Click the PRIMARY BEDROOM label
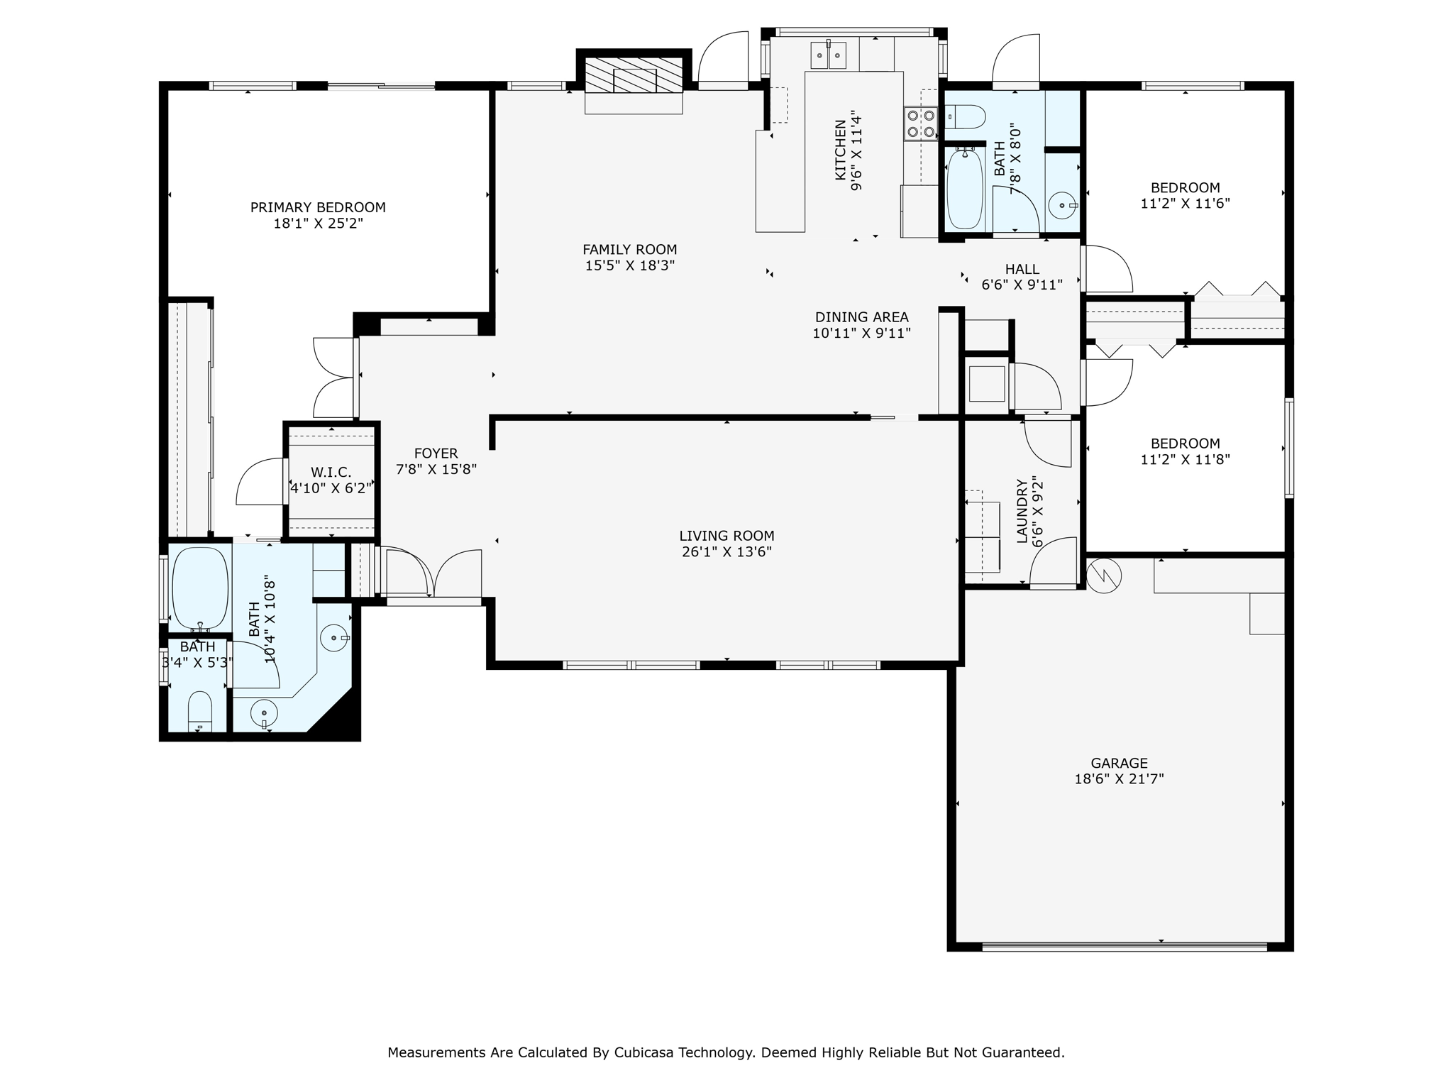click(318, 207)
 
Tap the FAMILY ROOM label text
click(630, 250)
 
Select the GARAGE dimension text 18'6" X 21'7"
click(1119, 778)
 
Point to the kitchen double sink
click(828, 55)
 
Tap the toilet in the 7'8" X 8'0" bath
click(965, 117)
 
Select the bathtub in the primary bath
click(200, 588)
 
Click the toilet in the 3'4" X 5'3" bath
click(200, 711)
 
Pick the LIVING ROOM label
click(726, 536)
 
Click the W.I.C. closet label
click(331, 473)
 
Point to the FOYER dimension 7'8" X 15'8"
click(436, 469)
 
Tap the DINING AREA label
click(861, 317)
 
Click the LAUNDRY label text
click(1022, 511)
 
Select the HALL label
click(1022, 269)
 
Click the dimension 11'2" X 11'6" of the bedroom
click(1185, 203)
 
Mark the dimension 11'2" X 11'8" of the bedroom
click(1185, 459)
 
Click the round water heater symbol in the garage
click(1104, 576)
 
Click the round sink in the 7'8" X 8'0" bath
click(1063, 205)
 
